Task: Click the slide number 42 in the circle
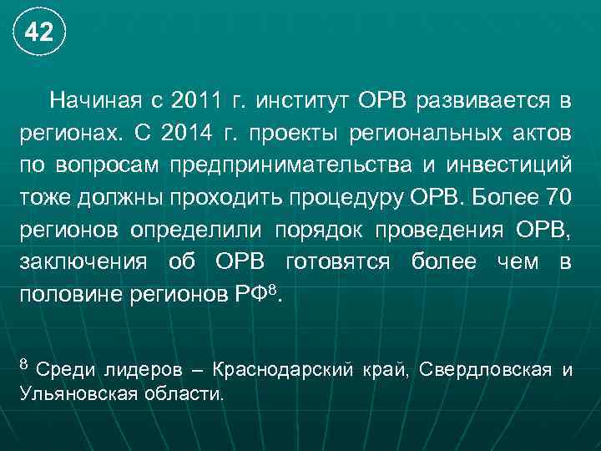pyautogui.click(x=38, y=33)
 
